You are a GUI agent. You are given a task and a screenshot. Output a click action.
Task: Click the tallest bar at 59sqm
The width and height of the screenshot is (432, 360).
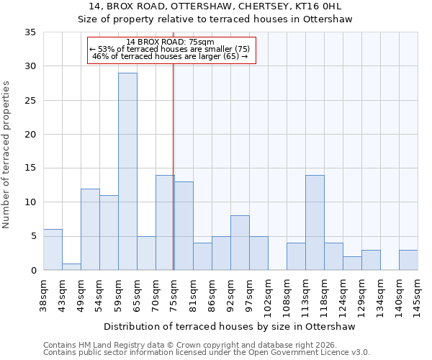point(127,171)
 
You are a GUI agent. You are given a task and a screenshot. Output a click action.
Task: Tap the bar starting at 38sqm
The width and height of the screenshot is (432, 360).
point(53,250)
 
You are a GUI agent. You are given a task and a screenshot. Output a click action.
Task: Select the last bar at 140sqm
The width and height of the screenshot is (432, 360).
point(408,260)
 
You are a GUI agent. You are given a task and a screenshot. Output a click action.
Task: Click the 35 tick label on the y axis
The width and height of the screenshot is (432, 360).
point(30,32)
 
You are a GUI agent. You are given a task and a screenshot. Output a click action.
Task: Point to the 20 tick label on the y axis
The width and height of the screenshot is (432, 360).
point(30,135)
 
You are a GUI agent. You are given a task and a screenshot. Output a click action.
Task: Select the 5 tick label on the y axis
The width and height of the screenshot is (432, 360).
point(33,237)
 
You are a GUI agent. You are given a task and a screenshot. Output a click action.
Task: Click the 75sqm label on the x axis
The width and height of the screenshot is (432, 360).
point(174,292)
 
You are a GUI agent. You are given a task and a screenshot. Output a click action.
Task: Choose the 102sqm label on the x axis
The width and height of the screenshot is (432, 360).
point(268,293)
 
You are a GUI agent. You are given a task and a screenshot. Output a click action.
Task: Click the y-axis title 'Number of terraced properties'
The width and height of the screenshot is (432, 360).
point(7,154)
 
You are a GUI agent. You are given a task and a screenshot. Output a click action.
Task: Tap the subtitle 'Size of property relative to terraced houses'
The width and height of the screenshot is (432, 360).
point(215,19)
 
